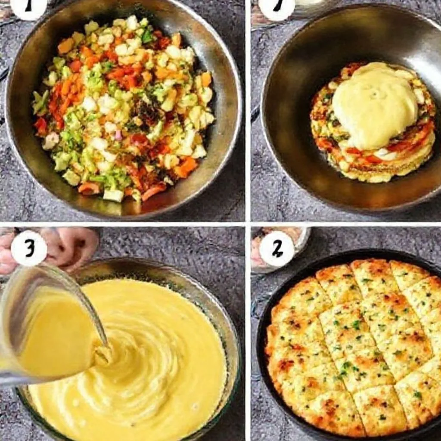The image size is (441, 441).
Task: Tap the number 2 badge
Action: [276, 248]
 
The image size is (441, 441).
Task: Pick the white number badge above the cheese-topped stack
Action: [277, 8]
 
